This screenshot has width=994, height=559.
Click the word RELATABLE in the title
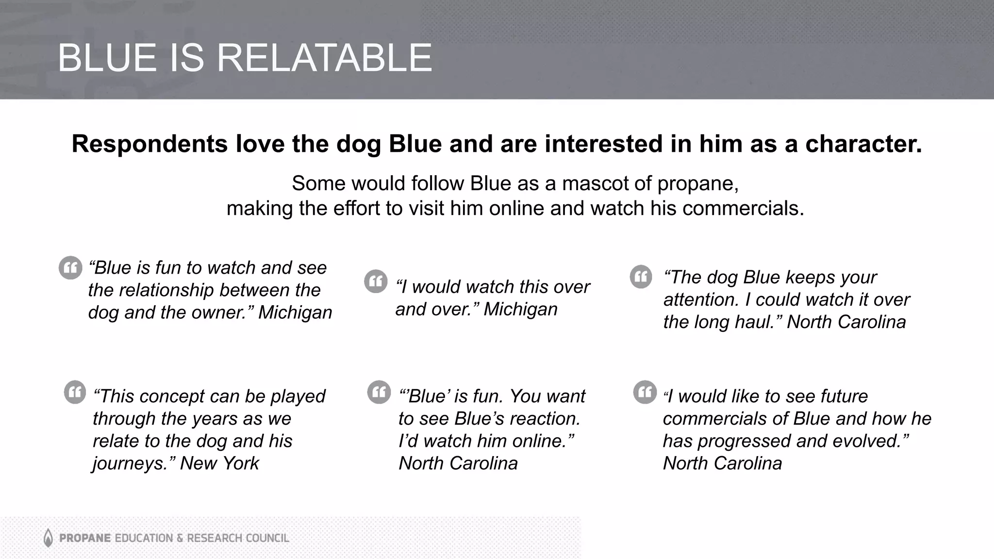324,58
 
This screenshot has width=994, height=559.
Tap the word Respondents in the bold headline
149,144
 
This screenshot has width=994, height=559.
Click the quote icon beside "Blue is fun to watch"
70,268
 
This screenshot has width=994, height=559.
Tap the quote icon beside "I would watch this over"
376,281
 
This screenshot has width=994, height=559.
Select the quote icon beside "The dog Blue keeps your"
641,277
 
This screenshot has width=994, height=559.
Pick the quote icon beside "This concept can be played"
75,392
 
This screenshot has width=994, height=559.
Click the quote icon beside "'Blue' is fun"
379,392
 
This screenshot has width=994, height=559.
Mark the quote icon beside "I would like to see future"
645,392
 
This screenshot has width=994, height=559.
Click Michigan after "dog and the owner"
295,312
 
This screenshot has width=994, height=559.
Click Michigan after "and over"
520,309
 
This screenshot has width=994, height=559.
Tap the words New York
219,463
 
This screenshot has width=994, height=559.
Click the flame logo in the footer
48,538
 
